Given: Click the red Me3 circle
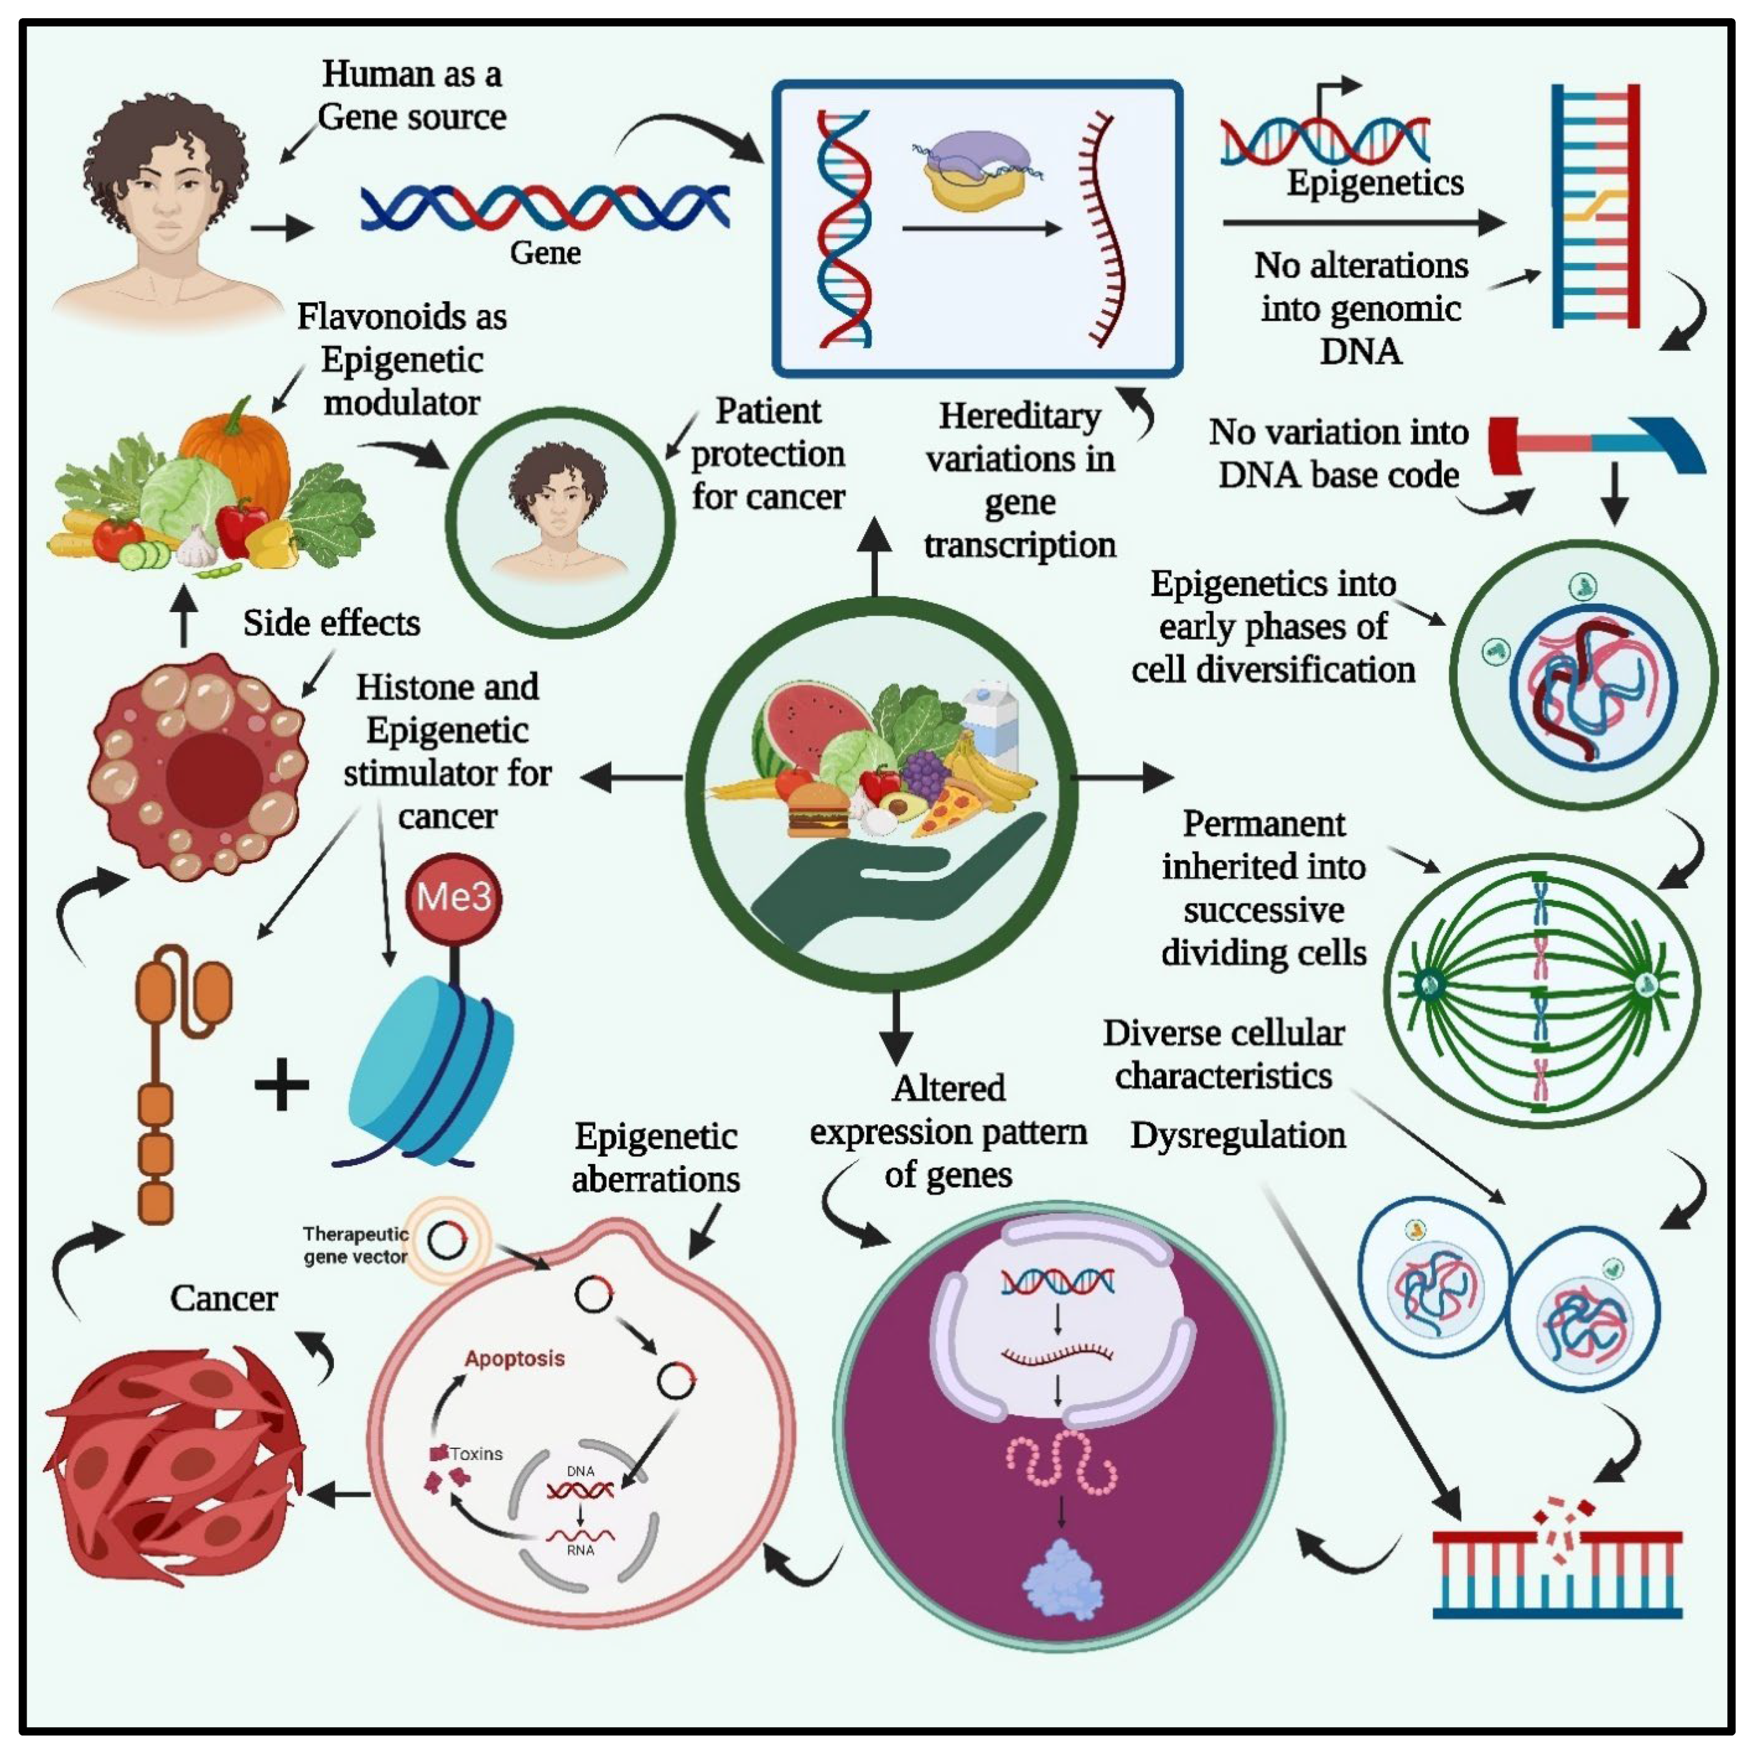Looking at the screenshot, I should (x=453, y=898).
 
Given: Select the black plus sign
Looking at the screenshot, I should (x=282, y=1085).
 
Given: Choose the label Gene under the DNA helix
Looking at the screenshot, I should (x=545, y=252).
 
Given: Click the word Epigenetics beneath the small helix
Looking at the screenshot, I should (x=1375, y=183).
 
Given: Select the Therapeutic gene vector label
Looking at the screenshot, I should (x=355, y=1245).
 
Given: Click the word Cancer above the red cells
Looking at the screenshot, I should (x=224, y=1298).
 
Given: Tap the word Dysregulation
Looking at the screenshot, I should (x=1237, y=1135).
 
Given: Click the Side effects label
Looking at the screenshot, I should (x=331, y=623).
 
